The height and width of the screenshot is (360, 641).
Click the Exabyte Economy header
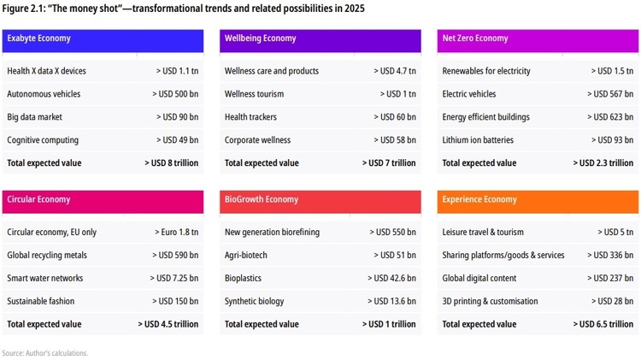38,38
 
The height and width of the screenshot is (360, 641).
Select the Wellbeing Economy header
260,38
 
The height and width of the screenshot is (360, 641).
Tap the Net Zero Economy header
475,38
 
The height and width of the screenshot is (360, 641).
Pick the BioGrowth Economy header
262,199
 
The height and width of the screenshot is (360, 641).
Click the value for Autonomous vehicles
177,94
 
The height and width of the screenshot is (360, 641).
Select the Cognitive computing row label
43,140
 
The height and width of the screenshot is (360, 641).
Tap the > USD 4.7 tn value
393,71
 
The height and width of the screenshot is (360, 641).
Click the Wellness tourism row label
254,94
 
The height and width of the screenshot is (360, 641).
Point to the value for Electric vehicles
610,94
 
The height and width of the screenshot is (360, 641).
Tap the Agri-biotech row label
246,255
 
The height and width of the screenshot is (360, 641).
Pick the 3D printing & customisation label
490,301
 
